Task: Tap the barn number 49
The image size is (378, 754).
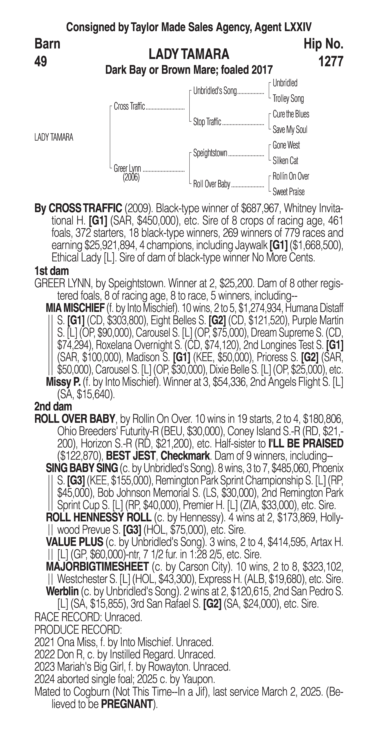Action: coord(41,61)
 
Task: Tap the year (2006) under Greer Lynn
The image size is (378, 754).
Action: coord(131,178)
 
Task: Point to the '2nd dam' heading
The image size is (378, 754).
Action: coord(53,407)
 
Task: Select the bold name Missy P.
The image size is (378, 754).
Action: coord(63,382)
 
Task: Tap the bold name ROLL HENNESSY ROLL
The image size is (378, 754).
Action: coord(98,518)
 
